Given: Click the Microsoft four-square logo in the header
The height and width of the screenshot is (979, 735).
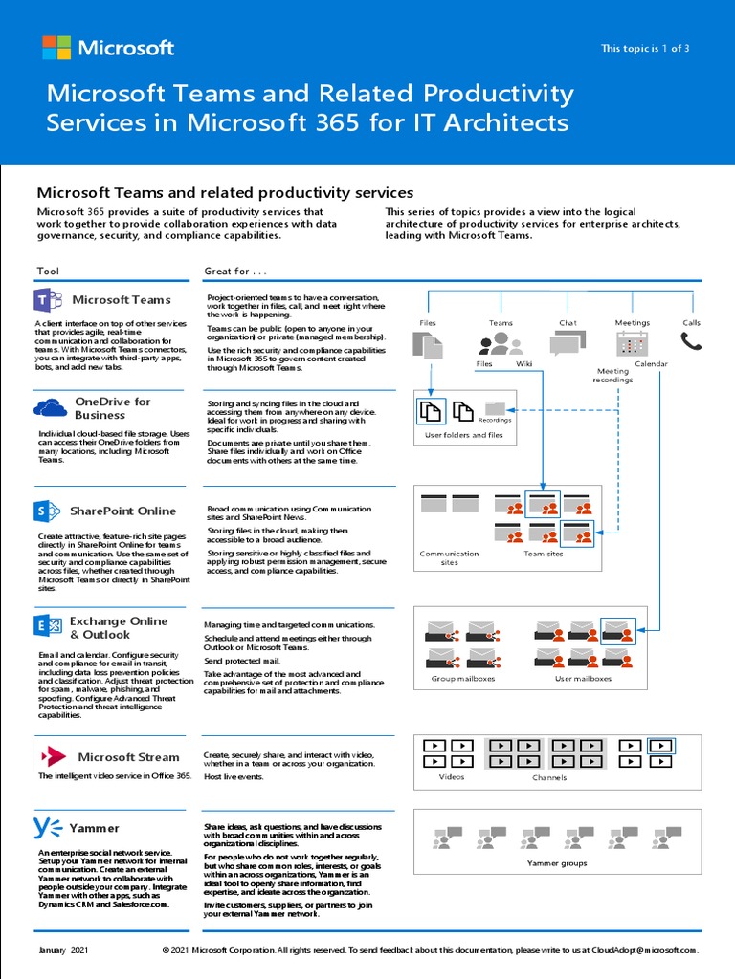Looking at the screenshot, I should point(56,48).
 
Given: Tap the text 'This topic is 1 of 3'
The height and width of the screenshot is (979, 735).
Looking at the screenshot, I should point(644,49).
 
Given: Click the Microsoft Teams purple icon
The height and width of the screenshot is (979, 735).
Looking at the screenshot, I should point(49,300).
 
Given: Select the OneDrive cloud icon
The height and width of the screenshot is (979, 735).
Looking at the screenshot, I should point(50,408).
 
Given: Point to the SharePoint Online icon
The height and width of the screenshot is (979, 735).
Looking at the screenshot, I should point(48,511).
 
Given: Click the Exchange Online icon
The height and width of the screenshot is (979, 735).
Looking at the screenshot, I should point(48,626).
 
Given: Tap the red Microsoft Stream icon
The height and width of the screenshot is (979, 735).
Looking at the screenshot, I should point(52,756).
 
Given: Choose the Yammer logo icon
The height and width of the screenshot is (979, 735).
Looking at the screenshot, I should point(48,827).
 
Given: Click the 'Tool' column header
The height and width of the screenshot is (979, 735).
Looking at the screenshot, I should point(48,272).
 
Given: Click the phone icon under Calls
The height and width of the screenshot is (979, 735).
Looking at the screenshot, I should point(691,342).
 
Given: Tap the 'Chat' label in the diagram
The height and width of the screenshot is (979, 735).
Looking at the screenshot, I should point(568,323).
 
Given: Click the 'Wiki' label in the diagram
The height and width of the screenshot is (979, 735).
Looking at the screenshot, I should point(523,364).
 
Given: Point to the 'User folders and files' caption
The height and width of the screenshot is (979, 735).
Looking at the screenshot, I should point(463,435).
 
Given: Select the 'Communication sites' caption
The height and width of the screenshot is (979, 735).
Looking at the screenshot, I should point(449,557).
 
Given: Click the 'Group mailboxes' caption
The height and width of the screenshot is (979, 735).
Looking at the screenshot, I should point(462,679).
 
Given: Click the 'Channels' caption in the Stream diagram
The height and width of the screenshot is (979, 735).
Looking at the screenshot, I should point(549,777).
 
